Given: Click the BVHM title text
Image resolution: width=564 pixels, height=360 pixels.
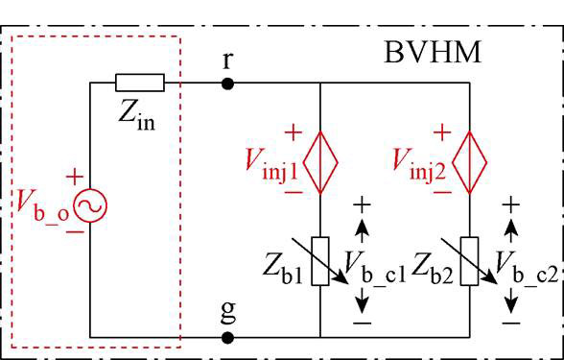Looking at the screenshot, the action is point(433,53).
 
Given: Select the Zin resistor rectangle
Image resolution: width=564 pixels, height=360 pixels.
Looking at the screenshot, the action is point(140,83).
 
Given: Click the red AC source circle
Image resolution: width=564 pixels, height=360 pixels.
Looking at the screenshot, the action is point(90,205).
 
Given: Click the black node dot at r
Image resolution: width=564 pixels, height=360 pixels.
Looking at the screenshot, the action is point(227,84).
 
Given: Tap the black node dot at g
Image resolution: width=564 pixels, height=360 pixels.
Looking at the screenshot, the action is point(227,338).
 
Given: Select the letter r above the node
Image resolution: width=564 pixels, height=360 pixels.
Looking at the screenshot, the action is point(227,61).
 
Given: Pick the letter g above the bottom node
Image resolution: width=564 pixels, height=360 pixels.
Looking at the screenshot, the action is point(228,313).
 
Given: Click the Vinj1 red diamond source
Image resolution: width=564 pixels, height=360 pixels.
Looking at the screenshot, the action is point(320,163).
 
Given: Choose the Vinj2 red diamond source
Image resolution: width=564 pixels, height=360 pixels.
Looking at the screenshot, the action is point(469,163).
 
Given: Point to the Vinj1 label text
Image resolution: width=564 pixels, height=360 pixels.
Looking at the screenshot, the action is point(272,164).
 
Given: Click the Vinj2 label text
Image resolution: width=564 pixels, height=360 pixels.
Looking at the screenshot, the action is point(419,164).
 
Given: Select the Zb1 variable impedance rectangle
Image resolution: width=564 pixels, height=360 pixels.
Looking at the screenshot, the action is point(320,261).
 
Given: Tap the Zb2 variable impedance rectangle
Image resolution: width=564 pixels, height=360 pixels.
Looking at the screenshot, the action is point(469,261).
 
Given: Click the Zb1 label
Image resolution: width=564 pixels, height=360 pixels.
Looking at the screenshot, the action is point(283,269).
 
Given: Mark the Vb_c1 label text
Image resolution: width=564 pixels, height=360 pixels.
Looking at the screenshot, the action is point(375,267).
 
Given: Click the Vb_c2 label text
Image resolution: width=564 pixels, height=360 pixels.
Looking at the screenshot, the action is point(527,267).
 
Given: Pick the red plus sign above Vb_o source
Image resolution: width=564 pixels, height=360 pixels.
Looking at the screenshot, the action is point(75,177).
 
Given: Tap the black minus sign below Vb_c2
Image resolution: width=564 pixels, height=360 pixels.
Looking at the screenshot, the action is point(510,324).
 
